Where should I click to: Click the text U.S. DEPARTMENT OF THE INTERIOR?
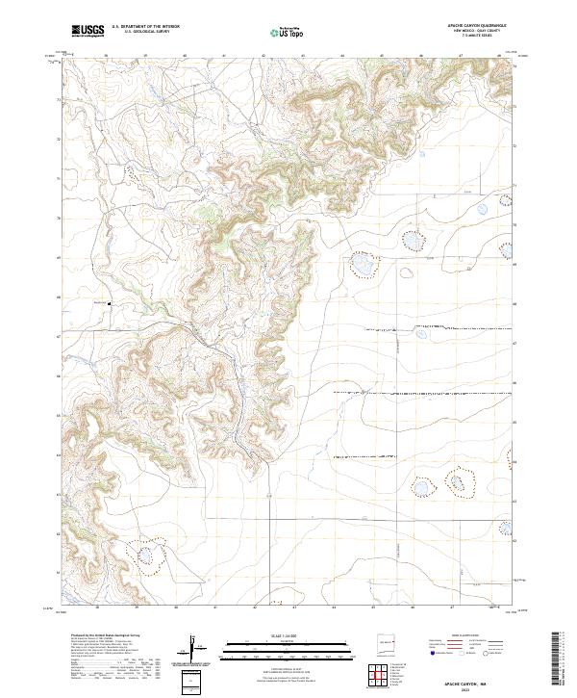[x=144, y=27]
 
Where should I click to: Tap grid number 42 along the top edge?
[x=263, y=57]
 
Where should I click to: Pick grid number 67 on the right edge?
[x=515, y=343]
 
